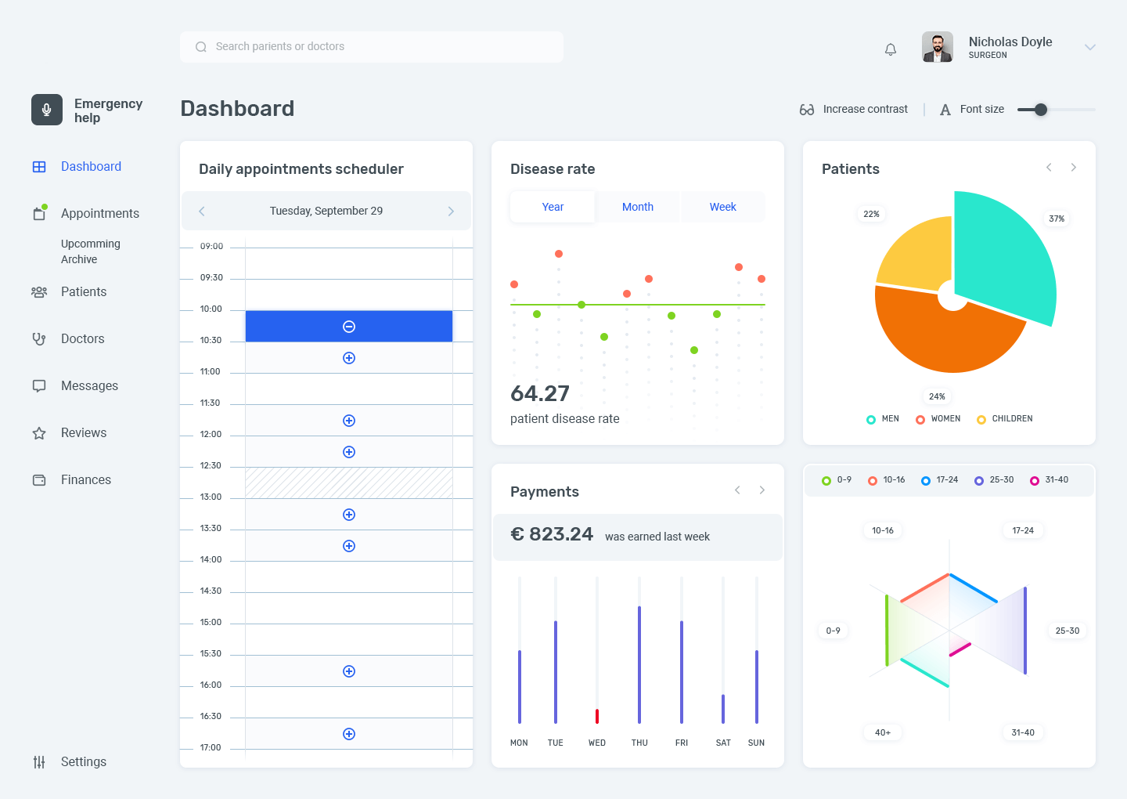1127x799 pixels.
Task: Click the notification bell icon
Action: (x=890, y=49)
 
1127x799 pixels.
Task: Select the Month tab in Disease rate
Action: (x=637, y=207)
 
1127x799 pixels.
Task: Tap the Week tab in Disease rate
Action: (x=722, y=207)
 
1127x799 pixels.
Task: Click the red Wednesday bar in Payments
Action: (x=597, y=716)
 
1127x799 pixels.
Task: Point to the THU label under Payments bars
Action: (x=639, y=743)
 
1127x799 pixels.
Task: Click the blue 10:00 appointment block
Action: (x=349, y=326)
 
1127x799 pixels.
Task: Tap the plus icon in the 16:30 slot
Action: (x=349, y=733)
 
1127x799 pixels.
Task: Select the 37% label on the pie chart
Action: (x=1056, y=219)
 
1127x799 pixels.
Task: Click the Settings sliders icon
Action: (x=39, y=761)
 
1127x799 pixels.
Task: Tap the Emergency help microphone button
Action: (x=47, y=110)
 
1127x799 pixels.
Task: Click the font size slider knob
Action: (x=1040, y=109)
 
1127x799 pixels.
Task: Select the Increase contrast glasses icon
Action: (x=806, y=109)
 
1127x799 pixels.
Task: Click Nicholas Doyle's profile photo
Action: (x=938, y=47)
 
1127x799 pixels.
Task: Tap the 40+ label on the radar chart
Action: (x=883, y=732)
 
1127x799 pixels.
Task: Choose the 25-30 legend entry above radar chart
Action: (x=994, y=480)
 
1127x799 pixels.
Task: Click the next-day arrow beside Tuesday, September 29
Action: (x=451, y=211)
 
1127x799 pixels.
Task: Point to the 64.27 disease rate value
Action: (x=540, y=394)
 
